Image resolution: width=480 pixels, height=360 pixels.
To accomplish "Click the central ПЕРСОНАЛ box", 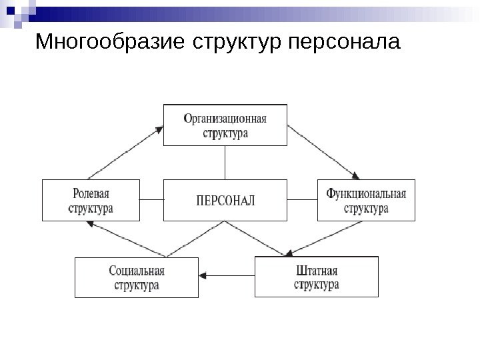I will coord(225,199).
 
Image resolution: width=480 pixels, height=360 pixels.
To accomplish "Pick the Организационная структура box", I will coord(225,125).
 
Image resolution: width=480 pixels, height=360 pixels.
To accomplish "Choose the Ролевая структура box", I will coord(91,199).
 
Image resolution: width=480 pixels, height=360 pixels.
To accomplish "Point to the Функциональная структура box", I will coord(366,199).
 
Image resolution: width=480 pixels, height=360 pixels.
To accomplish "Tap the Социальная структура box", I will coord(137,277).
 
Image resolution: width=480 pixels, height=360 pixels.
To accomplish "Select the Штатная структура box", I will coord(317,277).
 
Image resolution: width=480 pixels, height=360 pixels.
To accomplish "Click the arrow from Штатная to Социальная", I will coord(229,274).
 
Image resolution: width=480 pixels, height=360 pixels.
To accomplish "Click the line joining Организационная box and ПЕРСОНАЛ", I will coord(225,162).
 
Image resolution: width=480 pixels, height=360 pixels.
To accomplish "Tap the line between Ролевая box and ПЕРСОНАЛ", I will coord(152,199).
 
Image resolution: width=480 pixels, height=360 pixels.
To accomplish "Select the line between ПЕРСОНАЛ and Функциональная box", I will coord(303,199).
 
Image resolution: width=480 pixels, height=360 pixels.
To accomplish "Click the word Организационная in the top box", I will coord(225,118).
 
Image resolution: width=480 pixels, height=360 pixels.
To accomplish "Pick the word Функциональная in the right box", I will coord(366,193).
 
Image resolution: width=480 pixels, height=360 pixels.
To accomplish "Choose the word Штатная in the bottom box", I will coord(317,271).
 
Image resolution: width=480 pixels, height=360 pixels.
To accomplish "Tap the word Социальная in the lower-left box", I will coord(137,271).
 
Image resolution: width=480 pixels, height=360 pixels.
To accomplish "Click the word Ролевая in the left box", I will coord(91,193).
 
